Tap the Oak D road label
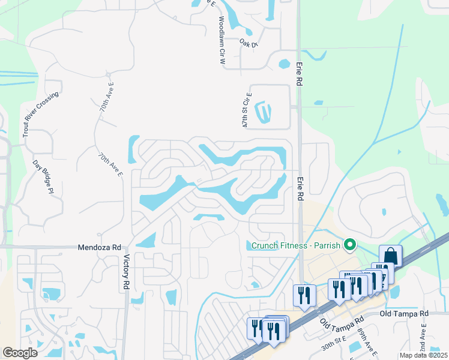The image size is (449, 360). coord(248,44)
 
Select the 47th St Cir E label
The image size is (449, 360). coord(247,110)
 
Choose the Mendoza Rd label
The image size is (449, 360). coord(100,247)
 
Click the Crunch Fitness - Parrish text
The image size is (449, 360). coord(295,245)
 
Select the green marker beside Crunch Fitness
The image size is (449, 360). coord(349,245)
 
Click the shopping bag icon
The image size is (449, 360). coord(390,255)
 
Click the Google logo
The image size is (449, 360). coord(20,353)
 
